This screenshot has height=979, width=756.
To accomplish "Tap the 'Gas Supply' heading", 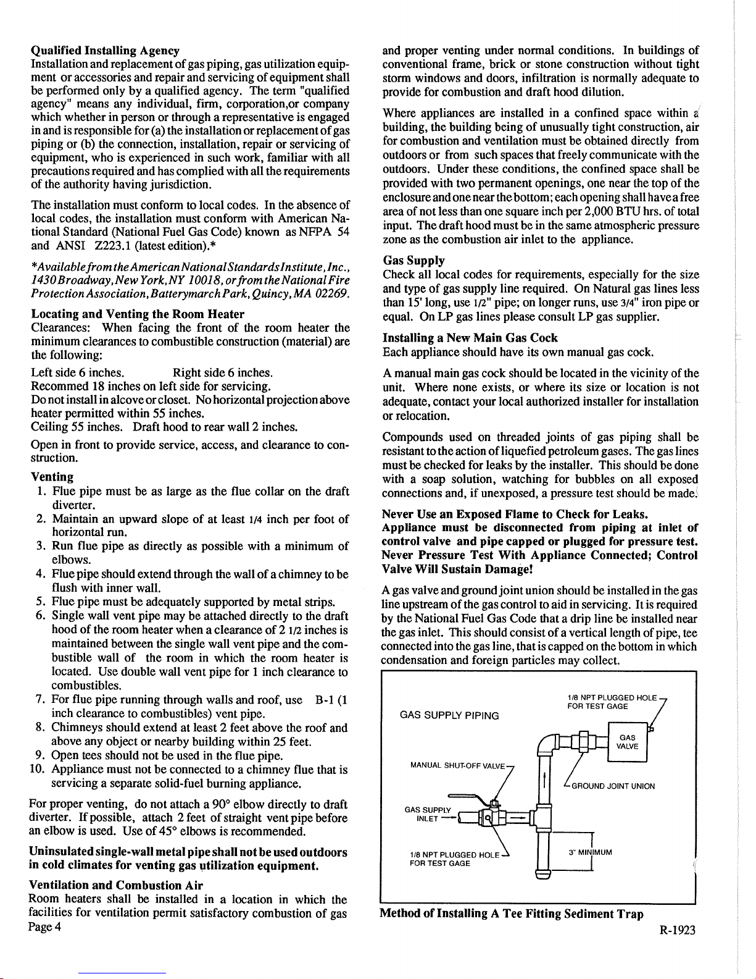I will (x=413, y=261).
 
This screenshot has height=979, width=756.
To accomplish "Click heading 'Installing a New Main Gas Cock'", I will (x=470, y=338).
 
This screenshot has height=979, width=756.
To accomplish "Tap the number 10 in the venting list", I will (x=36, y=770).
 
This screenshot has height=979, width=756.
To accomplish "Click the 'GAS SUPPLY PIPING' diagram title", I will (x=449, y=715).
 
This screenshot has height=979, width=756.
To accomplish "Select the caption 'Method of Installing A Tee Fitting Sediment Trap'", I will (x=512, y=914).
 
